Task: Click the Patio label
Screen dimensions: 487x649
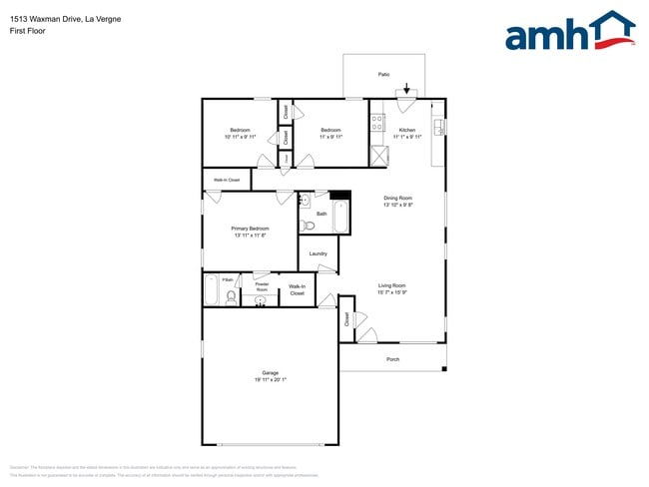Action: point(383,74)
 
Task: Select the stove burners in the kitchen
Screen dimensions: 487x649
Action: point(378,123)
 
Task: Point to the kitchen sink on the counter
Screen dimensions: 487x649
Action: point(438,126)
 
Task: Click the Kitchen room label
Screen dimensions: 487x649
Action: point(406,130)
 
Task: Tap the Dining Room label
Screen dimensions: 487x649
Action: point(397,198)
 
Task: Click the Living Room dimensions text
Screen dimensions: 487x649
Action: point(391,292)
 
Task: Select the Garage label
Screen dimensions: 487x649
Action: point(270,372)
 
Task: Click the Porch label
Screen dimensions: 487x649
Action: point(392,359)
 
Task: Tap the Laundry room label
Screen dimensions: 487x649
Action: point(318,253)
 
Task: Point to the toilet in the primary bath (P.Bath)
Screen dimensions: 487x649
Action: point(231,295)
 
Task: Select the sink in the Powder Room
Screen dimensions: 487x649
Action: point(261,299)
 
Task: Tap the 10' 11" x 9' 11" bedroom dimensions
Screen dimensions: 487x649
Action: point(240,137)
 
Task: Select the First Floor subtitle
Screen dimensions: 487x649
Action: point(28,30)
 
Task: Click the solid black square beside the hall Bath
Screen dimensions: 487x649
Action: point(339,196)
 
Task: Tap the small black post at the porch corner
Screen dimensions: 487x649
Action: point(443,368)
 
